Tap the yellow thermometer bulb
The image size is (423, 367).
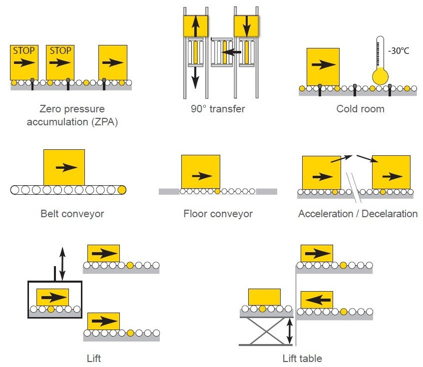pyautogui.click(x=380, y=76)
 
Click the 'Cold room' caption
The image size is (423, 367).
pyautogui.click(x=360, y=108)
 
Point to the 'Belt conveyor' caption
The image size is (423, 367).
pyautogui.click(x=72, y=214)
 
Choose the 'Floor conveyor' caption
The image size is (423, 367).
pyautogui.click(x=218, y=214)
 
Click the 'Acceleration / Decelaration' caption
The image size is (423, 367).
pyautogui.click(x=358, y=214)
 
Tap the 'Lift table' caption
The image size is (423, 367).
pyautogui.click(x=302, y=358)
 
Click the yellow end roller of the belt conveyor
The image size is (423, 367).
pyautogui.click(x=121, y=190)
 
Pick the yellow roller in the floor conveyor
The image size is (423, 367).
pyautogui.click(x=217, y=191)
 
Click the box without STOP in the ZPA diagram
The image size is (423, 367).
pyautogui.click(x=112, y=62)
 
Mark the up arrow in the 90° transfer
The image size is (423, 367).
pyautogui.click(x=195, y=25)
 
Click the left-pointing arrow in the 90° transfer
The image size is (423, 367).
pyautogui.click(x=231, y=51)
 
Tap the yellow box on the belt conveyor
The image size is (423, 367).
pyautogui.click(x=64, y=167)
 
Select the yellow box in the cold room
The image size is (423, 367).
pyautogui.click(x=323, y=66)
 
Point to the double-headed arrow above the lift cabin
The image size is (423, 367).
pyautogui.click(x=62, y=263)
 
